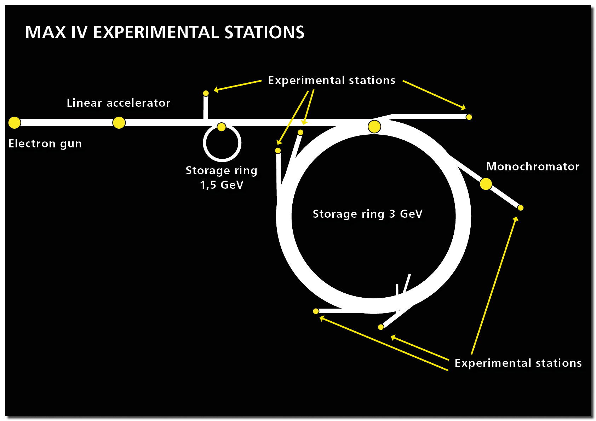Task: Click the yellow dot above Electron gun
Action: coord(15,123)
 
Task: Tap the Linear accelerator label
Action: coord(119,103)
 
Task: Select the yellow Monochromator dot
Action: coord(486,184)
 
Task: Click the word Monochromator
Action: coord(533,166)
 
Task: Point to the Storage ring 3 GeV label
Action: coord(367,214)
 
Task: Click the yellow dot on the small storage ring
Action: coord(221,127)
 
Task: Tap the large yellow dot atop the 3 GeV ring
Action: coord(374,127)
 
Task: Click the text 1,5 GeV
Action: coord(222,185)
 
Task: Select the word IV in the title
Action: coord(79,32)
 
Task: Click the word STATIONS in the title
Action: coord(264,32)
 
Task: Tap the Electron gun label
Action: coord(45,144)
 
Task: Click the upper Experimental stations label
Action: coord(332,80)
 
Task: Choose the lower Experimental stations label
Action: coord(518,363)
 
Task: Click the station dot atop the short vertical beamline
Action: coord(206,93)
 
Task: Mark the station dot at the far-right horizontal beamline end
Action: coord(469,117)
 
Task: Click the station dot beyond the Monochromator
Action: coord(521,208)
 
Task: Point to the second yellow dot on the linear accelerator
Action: coord(119,123)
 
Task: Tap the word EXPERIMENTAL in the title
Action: coord(156,32)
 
